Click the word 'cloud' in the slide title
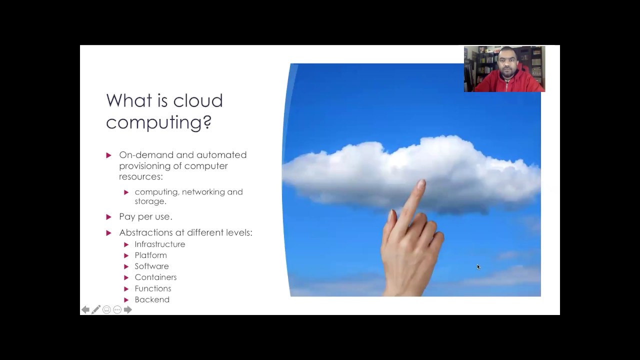[x=197, y=100]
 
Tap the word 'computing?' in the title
[x=158, y=122]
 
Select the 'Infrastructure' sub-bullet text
[x=159, y=244]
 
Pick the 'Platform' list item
[x=150, y=255]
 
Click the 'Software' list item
[x=151, y=266]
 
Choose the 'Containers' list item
[x=155, y=277]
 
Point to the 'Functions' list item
[x=152, y=288]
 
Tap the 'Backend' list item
[x=152, y=299]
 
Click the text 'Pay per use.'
[x=145, y=216]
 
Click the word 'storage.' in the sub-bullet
[x=150, y=201]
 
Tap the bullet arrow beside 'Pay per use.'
[x=108, y=216]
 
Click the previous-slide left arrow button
[x=85, y=310]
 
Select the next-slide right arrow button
[x=128, y=310]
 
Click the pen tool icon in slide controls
[x=96, y=310]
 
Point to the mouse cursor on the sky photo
[x=478, y=266]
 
